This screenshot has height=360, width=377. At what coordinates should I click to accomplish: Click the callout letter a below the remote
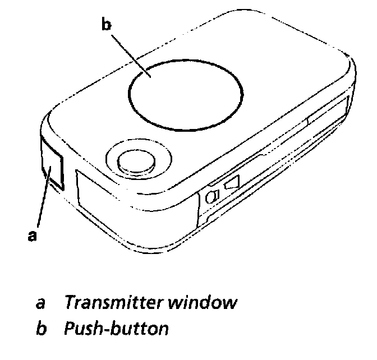tap(33, 236)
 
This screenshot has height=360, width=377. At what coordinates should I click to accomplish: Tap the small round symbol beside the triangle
tap(214, 196)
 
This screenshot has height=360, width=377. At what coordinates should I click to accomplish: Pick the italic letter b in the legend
tap(40, 328)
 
